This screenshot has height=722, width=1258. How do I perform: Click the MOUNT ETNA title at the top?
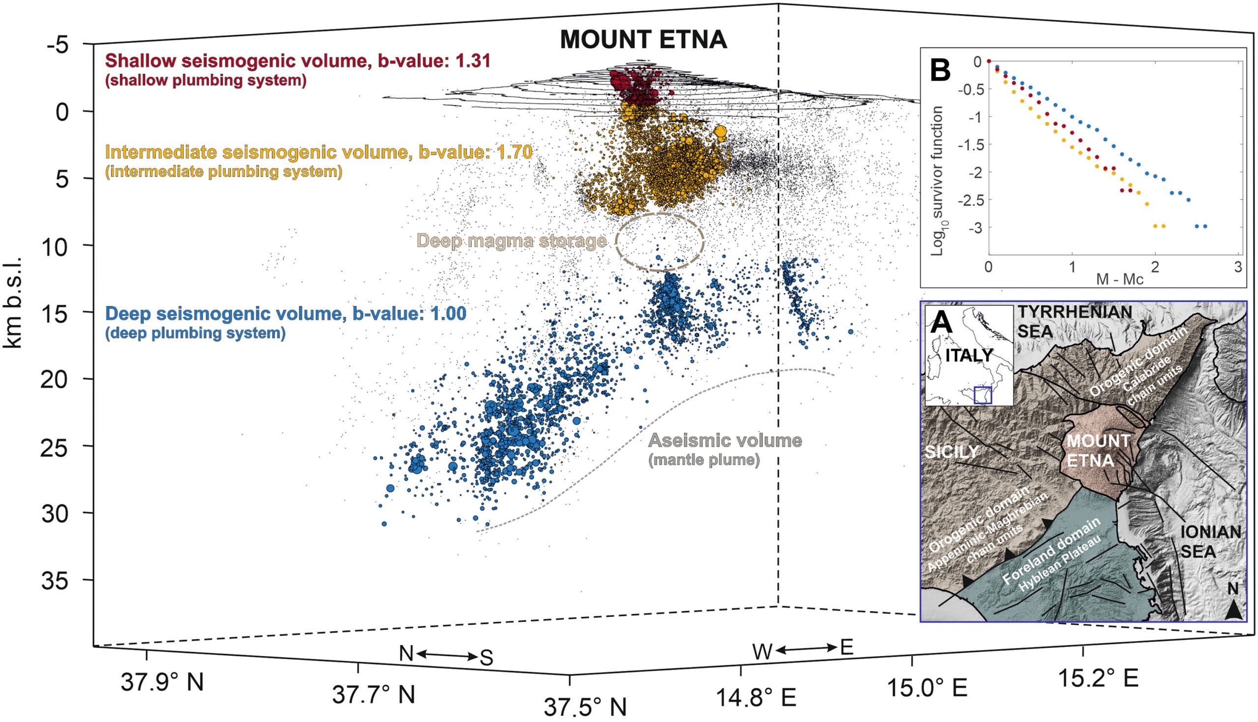pos(643,40)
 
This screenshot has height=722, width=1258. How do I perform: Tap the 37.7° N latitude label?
pos(373,694)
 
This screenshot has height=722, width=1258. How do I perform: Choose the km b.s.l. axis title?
pos(12,303)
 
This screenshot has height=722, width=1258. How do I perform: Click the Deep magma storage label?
pos(511,241)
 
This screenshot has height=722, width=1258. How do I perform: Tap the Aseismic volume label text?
pos(725,441)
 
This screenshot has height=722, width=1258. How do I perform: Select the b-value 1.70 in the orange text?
pos(511,152)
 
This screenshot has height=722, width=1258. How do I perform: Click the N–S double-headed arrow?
pos(447,656)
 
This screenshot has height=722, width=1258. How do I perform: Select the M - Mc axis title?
pos(1119,279)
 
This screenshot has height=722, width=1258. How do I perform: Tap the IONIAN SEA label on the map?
pos(1209,540)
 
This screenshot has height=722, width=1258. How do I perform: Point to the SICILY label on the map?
pos(951,451)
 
